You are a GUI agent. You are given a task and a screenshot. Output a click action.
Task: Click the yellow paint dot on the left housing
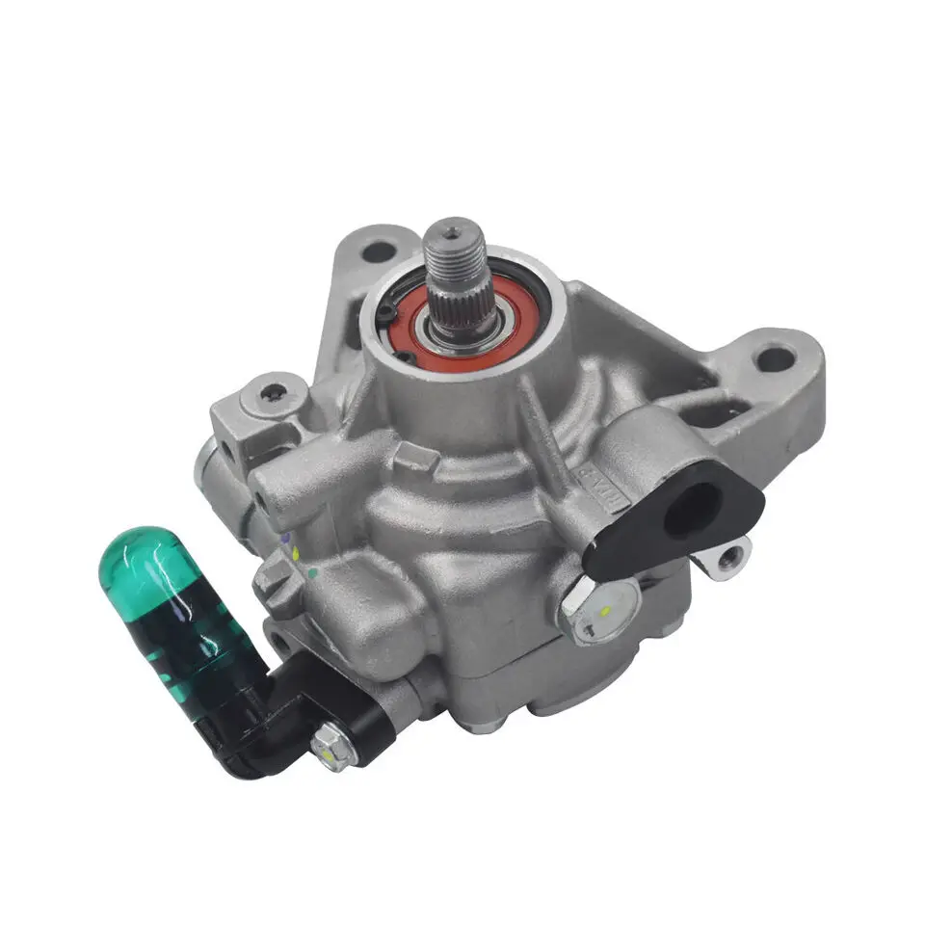[x=296, y=551]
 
